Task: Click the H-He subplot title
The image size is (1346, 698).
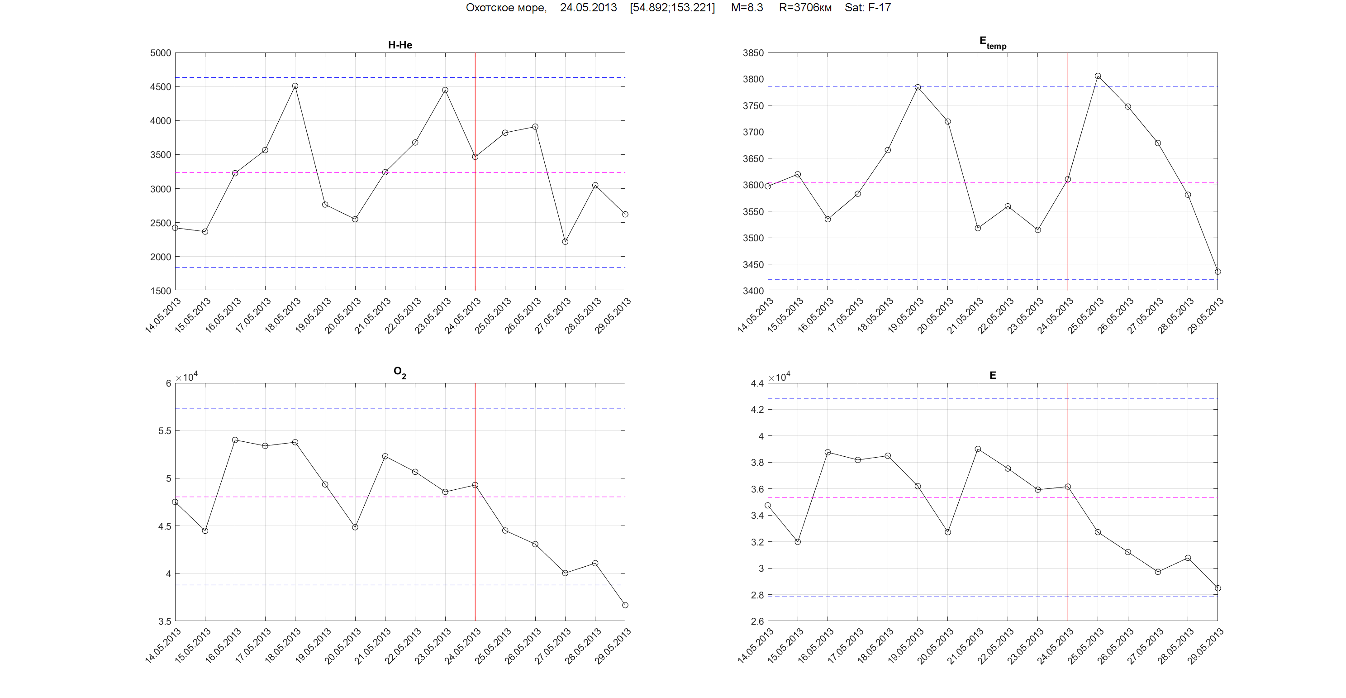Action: [x=400, y=45]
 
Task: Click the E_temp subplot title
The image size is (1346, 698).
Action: [x=992, y=43]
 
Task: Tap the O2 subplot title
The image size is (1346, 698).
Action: [x=400, y=372]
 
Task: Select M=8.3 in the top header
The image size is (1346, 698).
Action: [x=747, y=8]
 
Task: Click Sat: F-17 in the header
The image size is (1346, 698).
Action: [x=867, y=8]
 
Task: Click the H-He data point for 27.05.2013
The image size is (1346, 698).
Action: [x=565, y=242]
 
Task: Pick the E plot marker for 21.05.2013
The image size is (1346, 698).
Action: [x=978, y=449]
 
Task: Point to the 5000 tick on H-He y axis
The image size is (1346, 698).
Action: [x=161, y=53]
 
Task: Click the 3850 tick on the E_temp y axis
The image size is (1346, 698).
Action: [x=753, y=53]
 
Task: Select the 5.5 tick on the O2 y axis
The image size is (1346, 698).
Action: [x=164, y=431]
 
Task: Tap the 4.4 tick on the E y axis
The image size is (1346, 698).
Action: [x=757, y=384]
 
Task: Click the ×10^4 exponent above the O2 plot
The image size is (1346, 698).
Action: [x=186, y=377]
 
